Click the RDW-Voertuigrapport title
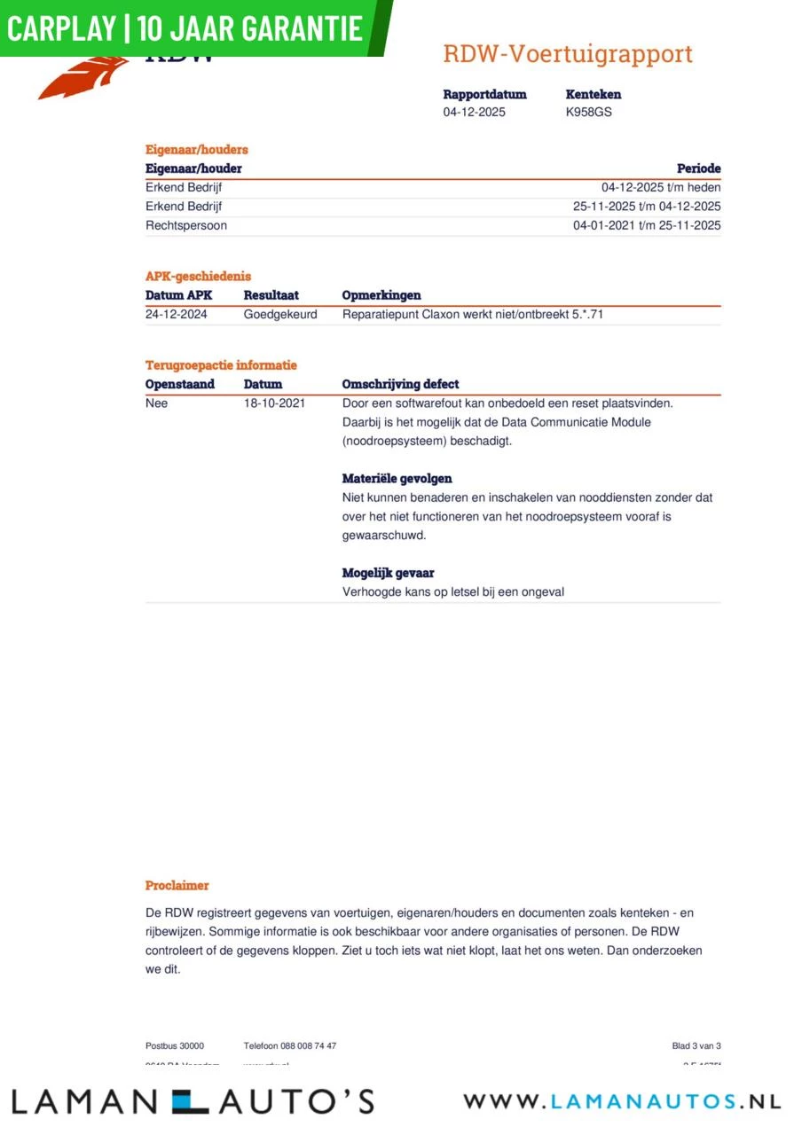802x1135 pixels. point(568,54)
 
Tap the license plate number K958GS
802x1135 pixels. point(588,113)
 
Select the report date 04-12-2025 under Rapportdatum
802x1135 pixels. point(475,113)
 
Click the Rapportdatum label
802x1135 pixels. point(484,94)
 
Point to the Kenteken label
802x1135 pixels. point(594,94)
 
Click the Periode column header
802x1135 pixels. point(698,168)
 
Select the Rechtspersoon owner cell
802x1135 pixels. point(186,225)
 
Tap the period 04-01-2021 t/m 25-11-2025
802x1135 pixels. point(647,225)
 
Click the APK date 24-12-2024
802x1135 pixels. point(177,314)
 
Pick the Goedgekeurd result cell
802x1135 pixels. point(280,314)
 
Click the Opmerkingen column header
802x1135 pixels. point(381,295)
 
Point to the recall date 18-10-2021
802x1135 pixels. point(274,403)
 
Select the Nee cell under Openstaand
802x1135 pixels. point(156,403)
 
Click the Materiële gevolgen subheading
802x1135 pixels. point(397,479)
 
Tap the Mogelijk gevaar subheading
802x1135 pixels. point(388,573)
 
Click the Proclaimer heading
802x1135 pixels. point(177,886)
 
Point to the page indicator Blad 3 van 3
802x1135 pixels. point(696,1046)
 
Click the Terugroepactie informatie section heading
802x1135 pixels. point(221,365)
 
